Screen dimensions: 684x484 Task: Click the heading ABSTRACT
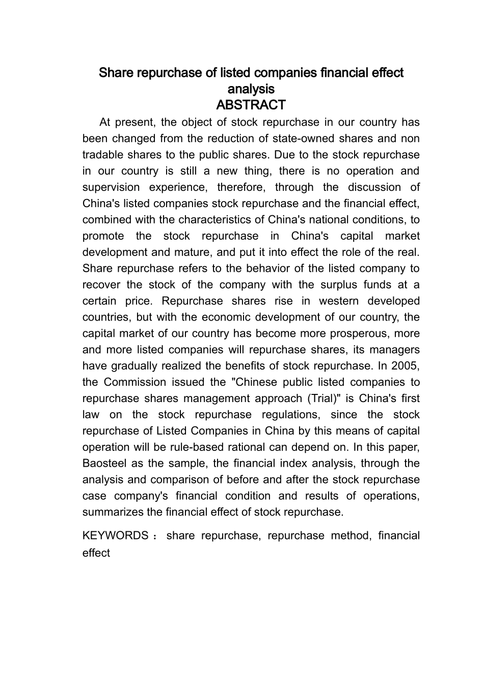tap(251, 105)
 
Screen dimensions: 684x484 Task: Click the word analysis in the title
tap(251, 89)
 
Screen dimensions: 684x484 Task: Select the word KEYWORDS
tap(116, 535)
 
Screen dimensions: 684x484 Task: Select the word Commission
tap(135, 382)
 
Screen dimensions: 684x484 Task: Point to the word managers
tap(394, 350)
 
